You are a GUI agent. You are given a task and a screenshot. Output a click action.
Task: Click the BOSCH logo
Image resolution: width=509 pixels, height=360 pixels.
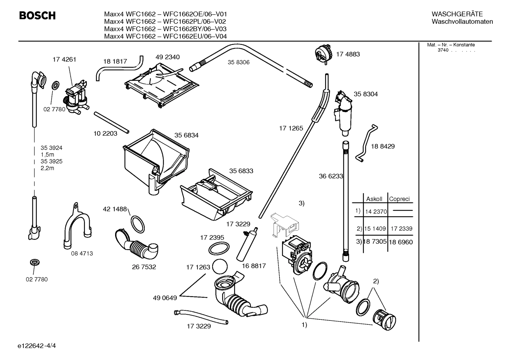pyautogui.click(x=37, y=16)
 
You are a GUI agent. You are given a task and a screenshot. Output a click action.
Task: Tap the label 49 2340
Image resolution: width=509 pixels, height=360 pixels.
pyautogui.click(x=167, y=57)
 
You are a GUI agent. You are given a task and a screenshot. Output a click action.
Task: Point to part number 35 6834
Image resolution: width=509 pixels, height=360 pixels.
pyautogui.click(x=186, y=135)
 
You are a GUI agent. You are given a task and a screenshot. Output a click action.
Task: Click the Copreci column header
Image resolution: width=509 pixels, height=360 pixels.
pyautogui.click(x=399, y=199)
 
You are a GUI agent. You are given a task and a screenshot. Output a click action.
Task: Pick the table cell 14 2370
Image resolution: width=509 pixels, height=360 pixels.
pyautogui.click(x=376, y=212)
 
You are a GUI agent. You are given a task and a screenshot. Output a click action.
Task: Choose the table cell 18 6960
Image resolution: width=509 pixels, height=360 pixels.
pyautogui.click(x=401, y=242)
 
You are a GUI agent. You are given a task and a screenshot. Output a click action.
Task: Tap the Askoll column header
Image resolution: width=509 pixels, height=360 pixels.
pyautogui.click(x=374, y=199)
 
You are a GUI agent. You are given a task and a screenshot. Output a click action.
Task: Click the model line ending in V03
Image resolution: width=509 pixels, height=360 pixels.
pyautogui.click(x=165, y=29)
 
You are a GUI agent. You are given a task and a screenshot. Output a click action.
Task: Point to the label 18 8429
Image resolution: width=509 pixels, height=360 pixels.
pyautogui.click(x=383, y=146)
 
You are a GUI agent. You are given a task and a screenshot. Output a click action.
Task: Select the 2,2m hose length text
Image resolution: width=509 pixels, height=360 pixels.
pyautogui.click(x=47, y=168)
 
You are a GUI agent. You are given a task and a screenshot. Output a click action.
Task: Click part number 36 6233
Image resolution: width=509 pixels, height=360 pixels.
pyautogui.click(x=331, y=176)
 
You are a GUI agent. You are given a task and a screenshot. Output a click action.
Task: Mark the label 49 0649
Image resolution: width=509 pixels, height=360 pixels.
pyautogui.click(x=165, y=298)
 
